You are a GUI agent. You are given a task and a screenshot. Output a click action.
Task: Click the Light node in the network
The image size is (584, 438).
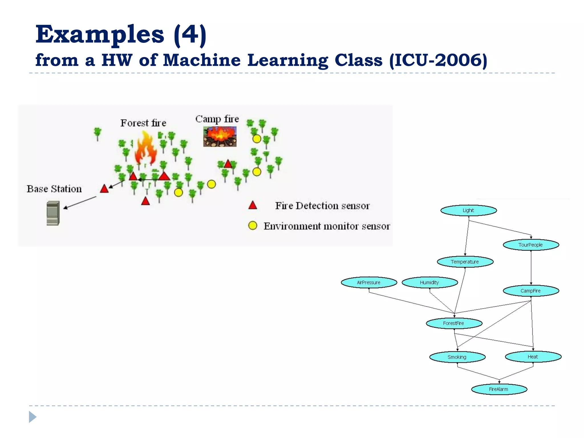pyautogui.click(x=469, y=210)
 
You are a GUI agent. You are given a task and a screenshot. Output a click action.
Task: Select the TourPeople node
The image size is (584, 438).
pyautogui.click(x=531, y=245)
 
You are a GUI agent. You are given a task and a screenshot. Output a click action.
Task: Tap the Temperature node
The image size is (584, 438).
pyautogui.click(x=465, y=262)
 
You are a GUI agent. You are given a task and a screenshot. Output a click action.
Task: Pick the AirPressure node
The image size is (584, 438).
pyautogui.click(x=369, y=282)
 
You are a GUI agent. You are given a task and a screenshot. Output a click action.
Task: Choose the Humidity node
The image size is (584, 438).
pyautogui.click(x=429, y=282)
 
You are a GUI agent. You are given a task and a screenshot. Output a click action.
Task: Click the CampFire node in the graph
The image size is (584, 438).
pyautogui.click(x=531, y=291)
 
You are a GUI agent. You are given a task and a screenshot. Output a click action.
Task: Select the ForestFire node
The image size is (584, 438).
pyautogui.click(x=454, y=323)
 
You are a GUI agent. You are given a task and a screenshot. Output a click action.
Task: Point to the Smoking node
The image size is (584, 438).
pyautogui.click(x=457, y=357)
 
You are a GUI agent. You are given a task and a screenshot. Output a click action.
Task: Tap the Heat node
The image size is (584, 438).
pyautogui.click(x=533, y=356)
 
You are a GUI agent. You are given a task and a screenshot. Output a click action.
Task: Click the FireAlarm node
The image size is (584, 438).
pyautogui.click(x=499, y=389)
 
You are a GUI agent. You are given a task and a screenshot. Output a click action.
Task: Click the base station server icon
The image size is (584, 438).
pyautogui.click(x=53, y=213)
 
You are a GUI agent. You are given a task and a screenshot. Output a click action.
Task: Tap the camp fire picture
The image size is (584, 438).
pyautogui.click(x=220, y=137)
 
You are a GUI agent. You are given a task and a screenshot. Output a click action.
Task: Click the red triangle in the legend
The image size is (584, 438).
pyautogui.click(x=253, y=206)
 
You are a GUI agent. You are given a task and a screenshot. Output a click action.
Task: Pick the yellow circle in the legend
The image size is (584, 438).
pyautogui.click(x=253, y=226)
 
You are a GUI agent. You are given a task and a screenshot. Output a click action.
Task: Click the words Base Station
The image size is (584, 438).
pyautogui.click(x=54, y=189)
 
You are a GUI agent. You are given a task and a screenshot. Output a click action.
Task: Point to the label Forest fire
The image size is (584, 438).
pyautogui.click(x=143, y=123)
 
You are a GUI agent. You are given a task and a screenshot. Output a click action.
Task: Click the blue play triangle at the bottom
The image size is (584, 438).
pyautogui.click(x=33, y=417)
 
